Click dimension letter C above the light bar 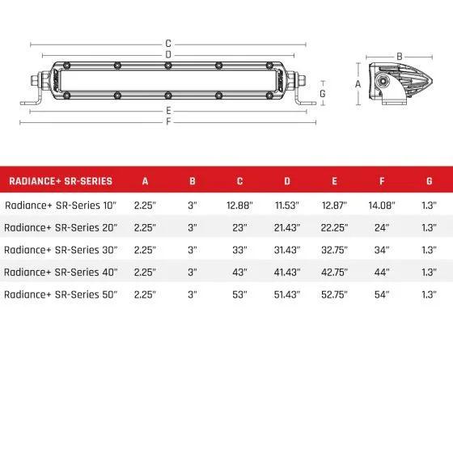(x=168, y=44)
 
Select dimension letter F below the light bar (x=168, y=122)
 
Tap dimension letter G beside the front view (x=323, y=93)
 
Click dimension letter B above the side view (x=398, y=56)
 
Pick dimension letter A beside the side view (x=358, y=83)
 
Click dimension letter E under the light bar (x=168, y=111)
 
